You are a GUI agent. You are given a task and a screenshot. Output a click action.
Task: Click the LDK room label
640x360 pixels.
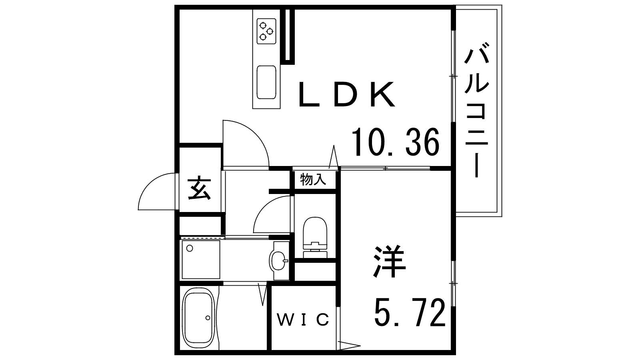point(346,94)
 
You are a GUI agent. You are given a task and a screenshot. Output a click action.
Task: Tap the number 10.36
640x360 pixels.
point(396,142)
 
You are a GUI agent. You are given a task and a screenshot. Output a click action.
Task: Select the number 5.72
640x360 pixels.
point(410,312)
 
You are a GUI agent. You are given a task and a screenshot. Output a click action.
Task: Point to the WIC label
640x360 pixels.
point(303,320)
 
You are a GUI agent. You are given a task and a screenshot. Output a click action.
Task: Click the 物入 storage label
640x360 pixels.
point(313,180)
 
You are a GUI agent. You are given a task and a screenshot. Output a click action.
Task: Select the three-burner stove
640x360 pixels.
point(266,31)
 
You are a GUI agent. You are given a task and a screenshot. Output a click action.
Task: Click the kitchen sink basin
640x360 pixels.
point(266,82)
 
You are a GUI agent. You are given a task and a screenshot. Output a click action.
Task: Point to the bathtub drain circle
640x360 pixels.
point(208,318)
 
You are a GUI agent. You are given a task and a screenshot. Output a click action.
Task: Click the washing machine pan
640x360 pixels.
point(201,260)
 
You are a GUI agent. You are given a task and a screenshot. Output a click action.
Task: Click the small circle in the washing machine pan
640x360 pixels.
point(190,248)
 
